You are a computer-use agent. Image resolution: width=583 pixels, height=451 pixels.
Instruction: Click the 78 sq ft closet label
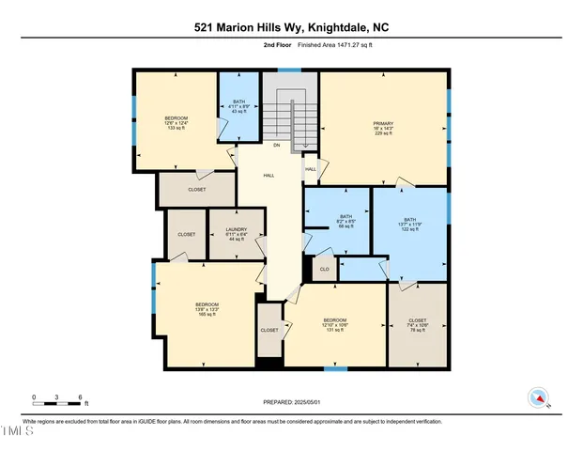tap(417, 325)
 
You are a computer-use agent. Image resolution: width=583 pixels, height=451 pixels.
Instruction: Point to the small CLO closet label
tap(324, 268)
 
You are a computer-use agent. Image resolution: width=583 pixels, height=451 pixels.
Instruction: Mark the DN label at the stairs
tap(276, 146)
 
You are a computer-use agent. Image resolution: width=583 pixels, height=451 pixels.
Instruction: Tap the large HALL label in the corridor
tap(268, 176)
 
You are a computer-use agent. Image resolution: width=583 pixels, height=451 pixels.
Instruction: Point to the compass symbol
tap(538, 397)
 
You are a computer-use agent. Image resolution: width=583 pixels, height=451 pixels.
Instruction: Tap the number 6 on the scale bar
tap(81, 397)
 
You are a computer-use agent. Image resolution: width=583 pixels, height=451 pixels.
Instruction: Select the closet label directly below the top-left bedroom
tap(196, 190)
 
